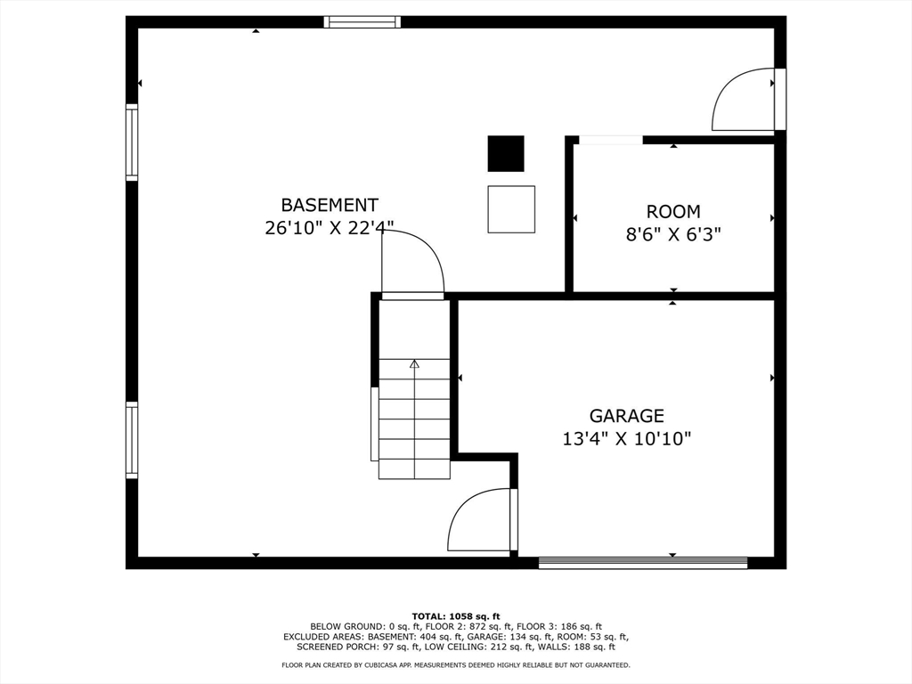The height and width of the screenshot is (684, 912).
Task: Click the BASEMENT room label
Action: [x=330, y=205]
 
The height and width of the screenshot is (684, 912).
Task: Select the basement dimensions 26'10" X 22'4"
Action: [x=330, y=228]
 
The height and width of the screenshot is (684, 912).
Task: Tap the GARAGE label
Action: [x=627, y=416]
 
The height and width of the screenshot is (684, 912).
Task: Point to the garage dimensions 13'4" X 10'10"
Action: [x=627, y=438]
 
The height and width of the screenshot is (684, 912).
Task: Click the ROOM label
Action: [x=673, y=212]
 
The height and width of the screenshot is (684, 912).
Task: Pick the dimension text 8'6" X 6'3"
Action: [x=673, y=235]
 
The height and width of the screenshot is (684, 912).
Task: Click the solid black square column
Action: [x=506, y=153]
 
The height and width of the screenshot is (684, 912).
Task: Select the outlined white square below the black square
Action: [x=511, y=209]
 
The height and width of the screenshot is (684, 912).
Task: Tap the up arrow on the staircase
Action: [x=414, y=364]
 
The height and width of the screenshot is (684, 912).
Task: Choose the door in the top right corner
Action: [x=746, y=100]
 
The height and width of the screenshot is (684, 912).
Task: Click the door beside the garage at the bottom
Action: [x=481, y=521]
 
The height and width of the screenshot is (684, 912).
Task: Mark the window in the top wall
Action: [x=362, y=22]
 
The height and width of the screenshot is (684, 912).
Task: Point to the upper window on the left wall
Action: [x=132, y=142]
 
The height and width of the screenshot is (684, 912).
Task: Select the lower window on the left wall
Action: [x=132, y=440]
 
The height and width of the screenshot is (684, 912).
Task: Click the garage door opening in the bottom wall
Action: [x=643, y=562]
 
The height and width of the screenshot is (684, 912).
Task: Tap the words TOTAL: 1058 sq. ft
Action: [x=456, y=615]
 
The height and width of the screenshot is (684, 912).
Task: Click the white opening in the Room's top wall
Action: [x=610, y=140]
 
